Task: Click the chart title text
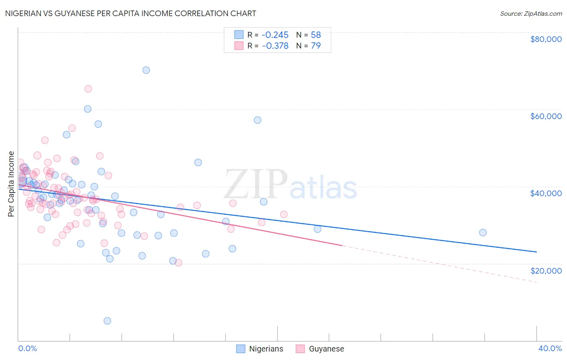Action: [x=130, y=13]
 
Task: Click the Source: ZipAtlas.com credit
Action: [x=531, y=14]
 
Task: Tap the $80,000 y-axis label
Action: [x=546, y=39]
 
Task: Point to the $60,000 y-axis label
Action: [x=546, y=116]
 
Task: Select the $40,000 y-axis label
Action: [x=546, y=193]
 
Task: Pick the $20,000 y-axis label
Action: [x=546, y=271]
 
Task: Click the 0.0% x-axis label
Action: [x=27, y=348]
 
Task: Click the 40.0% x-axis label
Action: [x=550, y=348]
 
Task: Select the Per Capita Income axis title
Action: [x=11, y=184]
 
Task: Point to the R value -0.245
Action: [x=275, y=35]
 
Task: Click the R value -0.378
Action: [x=275, y=46]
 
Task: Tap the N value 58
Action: [x=316, y=35]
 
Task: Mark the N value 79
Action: [x=316, y=46]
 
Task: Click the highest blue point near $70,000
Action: [x=146, y=70]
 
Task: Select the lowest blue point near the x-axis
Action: [x=107, y=321]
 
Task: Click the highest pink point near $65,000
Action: [x=88, y=89]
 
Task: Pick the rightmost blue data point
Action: [x=483, y=232]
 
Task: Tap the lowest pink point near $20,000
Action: [x=178, y=263]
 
